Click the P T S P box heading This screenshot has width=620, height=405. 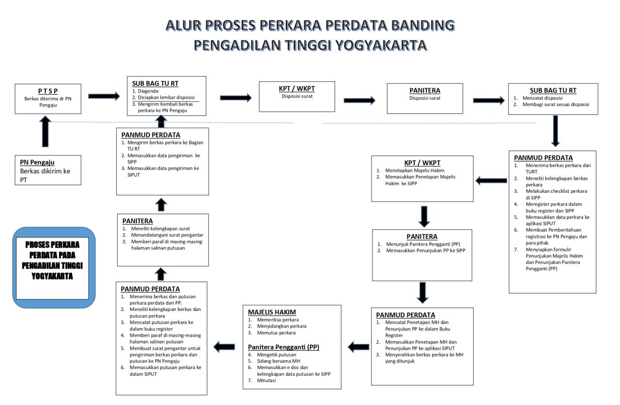tap(47, 91)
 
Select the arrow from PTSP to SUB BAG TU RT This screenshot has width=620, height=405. tap(104, 96)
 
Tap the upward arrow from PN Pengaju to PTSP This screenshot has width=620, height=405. tap(45, 131)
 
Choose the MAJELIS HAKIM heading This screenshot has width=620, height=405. tap(272, 312)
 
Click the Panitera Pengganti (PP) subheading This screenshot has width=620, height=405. tap(283, 347)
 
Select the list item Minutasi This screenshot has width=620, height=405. tap(266, 380)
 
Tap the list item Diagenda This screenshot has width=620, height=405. tap(148, 91)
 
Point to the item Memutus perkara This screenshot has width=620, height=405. tap(276, 333)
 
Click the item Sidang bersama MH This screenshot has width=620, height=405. tap(278, 361)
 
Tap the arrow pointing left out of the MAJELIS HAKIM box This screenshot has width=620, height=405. tap(224, 346)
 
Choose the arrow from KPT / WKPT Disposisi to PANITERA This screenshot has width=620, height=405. tap(359, 100)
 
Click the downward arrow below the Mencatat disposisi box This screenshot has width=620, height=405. tap(555, 130)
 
